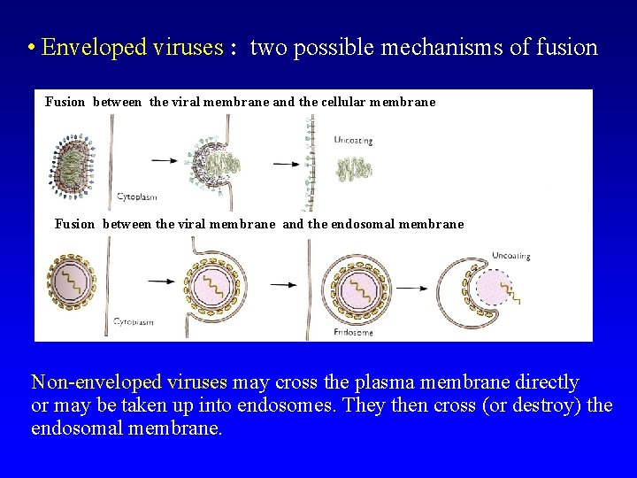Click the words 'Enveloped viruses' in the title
point(133,48)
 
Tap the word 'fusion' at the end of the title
point(566,48)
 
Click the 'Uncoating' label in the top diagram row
point(353,140)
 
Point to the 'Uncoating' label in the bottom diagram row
point(510,256)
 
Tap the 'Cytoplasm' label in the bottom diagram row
point(134,321)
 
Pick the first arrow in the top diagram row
point(165,160)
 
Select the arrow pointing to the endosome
point(288,283)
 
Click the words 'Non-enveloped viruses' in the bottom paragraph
point(129,382)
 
